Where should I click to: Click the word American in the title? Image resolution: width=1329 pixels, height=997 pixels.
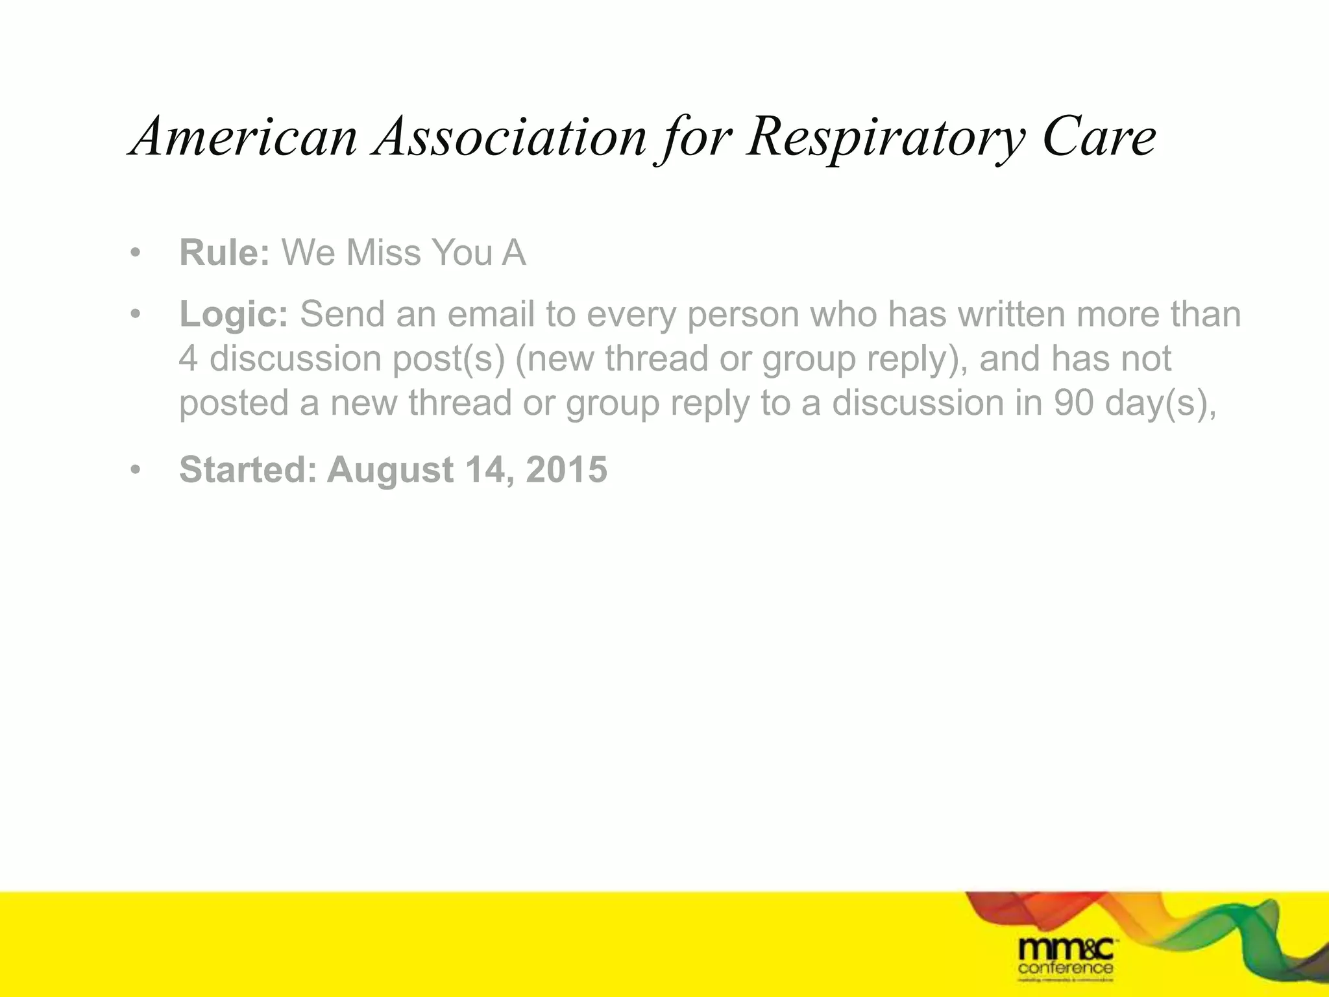click(x=244, y=137)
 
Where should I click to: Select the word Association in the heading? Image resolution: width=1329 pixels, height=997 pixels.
click(x=509, y=137)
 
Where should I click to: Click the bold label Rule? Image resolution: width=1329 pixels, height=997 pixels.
click(x=225, y=252)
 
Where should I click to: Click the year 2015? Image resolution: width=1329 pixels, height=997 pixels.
click(x=567, y=469)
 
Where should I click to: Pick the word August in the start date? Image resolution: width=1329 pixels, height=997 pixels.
click(x=390, y=471)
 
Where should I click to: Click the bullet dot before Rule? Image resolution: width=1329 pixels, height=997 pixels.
click(x=135, y=253)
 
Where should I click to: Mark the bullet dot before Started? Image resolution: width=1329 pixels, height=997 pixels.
click(x=135, y=470)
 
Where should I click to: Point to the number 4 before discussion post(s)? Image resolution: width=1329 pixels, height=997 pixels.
click(x=188, y=359)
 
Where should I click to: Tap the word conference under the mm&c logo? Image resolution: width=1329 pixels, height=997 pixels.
click(x=1066, y=968)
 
